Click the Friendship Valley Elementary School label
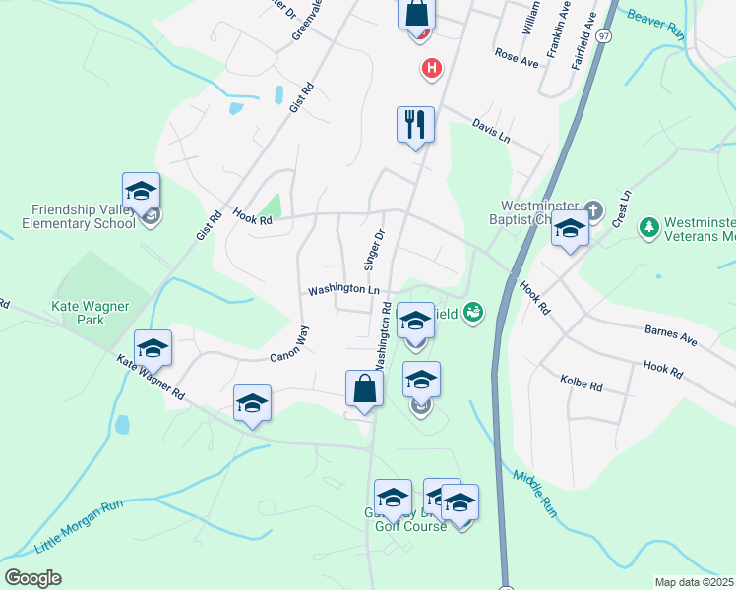point(83,216)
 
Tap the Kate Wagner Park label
point(91,314)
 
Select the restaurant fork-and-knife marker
point(415,125)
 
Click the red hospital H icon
point(431,68)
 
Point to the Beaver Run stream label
point(654,24)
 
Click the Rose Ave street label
point(517,58)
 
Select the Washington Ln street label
point(343,290)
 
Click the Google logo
point(32,577)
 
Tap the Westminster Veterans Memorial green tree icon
point(648,228)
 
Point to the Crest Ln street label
point(622,206)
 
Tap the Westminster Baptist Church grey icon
point(593,210)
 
